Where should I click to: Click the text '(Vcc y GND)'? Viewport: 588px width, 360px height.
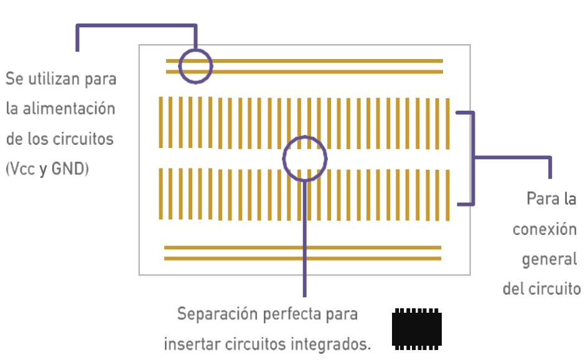point(47,168)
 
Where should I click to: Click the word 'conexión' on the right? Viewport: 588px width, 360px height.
point(544,229)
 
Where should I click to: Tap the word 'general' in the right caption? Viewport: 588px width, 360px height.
point(549,259)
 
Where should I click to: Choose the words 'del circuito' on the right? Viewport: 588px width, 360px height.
point(541,289)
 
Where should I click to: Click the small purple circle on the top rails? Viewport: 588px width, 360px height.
point(195,65)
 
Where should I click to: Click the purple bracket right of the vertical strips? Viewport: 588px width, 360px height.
point(474,158)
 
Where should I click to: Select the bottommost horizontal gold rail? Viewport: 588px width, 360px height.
point(302,258)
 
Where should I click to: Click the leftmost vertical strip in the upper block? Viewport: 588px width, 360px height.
point(161,122)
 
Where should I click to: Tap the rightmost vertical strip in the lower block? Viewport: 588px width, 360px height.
point(447,195)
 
